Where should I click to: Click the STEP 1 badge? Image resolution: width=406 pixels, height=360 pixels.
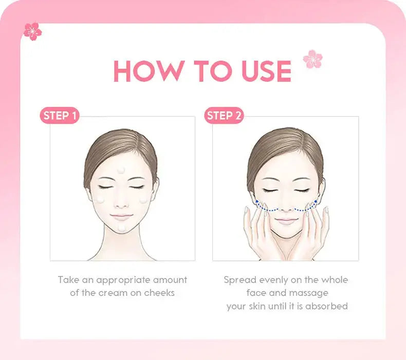(x=60, y=116)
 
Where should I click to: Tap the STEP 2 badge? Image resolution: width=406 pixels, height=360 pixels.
(x=224, y=116)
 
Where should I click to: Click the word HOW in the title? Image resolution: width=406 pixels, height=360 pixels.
(x=150, y=71)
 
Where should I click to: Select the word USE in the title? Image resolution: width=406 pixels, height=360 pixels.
(x=266, y=71)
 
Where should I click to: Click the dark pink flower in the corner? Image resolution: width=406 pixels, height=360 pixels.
(x=32, y=31)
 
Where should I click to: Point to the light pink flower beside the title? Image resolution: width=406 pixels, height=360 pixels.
(x=313, y=59)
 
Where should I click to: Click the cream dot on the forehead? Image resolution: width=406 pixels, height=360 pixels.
(x=121, y=170)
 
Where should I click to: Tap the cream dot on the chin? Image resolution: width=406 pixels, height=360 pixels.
(x=121, y=228)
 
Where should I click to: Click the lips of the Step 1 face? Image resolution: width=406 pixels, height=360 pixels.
(x=121, y=216)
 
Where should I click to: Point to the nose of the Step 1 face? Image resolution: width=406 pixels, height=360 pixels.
(x=121, y=203)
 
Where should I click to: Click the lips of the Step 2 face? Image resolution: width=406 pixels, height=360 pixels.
(x=286, y=221)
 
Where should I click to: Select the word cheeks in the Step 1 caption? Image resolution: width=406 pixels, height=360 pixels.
(x=159, y=293)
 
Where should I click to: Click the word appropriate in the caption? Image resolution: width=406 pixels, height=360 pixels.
(x=123, y=280)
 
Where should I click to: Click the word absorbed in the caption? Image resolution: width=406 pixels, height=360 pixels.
(x=326, y=306)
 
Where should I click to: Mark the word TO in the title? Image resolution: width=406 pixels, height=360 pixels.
(x=213, y=71)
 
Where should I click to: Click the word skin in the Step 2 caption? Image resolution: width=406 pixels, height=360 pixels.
(x=257, y=306)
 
